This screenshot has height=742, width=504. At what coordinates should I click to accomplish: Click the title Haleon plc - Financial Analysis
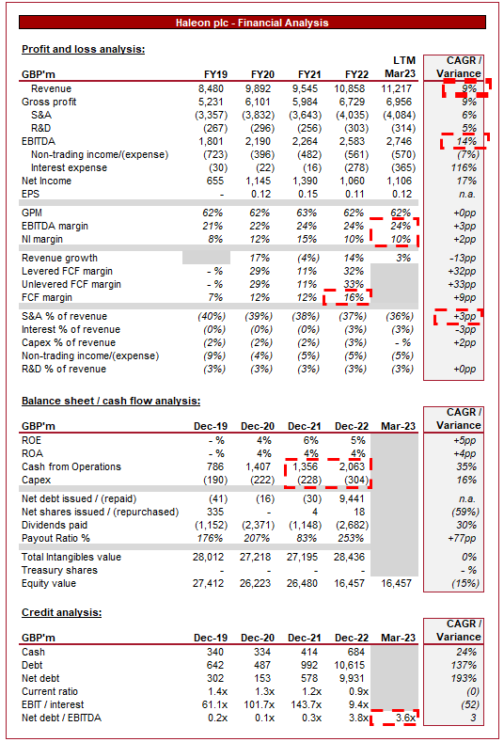252,23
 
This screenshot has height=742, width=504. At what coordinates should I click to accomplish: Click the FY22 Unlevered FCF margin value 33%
354,284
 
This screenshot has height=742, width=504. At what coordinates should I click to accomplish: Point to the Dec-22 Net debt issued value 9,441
353,498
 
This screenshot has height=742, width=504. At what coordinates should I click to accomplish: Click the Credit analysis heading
61,612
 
